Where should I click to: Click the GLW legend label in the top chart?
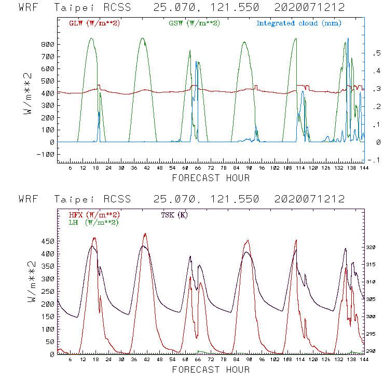[x=94, y=23]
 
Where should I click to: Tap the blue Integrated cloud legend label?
[x=299, y=23]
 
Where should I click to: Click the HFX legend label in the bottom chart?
[x=94, y=215]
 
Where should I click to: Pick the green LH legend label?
[x=93, y=222]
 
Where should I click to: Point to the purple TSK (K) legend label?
[x=174, y=215]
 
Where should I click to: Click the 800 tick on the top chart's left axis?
[x=48, y=45]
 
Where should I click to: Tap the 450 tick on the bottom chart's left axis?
[x=48, y=241]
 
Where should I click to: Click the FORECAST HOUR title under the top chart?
[x=211, y=178]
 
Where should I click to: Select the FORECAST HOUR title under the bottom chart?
[x=211, y=369]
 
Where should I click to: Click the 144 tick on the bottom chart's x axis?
[x=362, y=360]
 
